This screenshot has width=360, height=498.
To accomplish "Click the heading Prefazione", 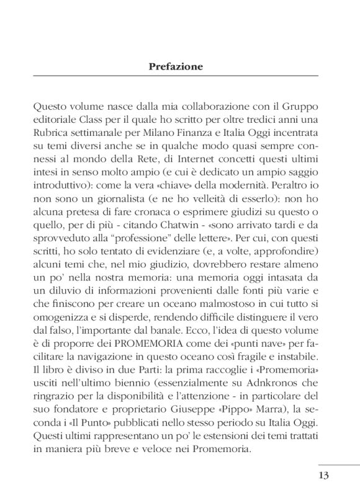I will pyautogui.click(x=176, y=66).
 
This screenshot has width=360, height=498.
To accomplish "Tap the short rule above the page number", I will pyautogui.click(x=339, y=464).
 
